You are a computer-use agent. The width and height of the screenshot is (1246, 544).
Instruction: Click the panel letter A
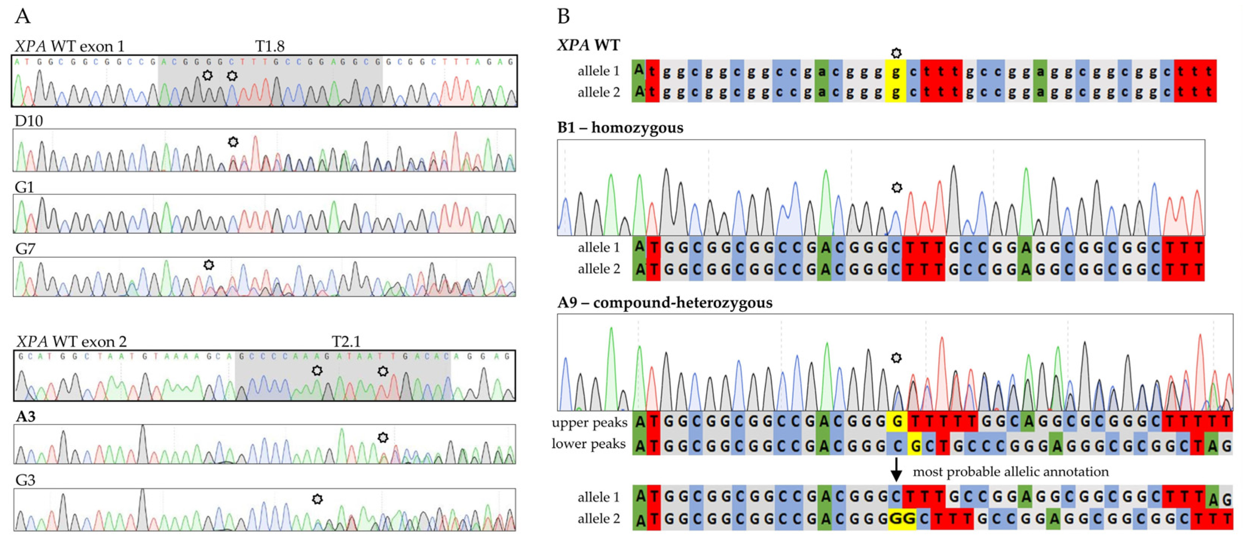(x=22, y=17)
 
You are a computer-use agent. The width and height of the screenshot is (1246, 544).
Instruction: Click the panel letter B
(x=563, y=17)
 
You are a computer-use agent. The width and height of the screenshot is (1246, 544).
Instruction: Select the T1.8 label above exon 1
(x=269, y=46)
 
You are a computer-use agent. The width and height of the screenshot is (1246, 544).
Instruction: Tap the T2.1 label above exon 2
(x=346, y=341)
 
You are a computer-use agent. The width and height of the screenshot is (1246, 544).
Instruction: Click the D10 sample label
(x=29, y=120)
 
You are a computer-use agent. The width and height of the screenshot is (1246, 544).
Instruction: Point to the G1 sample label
(x=24, y=187)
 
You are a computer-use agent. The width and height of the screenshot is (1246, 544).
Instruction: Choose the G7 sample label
(x=25, y=248)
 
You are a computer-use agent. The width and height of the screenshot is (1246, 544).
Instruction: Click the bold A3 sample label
(x=25, y=416)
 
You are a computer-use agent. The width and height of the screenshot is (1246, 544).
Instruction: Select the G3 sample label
(x=25, y=480)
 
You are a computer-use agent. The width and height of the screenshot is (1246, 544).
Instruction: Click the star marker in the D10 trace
(x=233, y=142)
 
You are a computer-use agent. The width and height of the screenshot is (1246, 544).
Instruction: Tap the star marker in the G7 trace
(x=208, y=265)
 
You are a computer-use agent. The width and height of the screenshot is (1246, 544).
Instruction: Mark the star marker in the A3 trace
(x=383, y=437)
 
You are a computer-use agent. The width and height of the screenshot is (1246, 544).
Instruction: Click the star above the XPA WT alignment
(x=896, y=53)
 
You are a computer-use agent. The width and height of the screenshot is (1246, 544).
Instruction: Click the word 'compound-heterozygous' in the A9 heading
(x=683, y=303)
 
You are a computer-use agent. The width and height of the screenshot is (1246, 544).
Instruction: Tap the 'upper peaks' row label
(x=589, y=423)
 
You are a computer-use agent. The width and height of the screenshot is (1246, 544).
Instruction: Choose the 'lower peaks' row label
(x=589, y=444)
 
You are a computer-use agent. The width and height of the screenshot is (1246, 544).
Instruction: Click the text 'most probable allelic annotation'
(x=1011, y=471)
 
